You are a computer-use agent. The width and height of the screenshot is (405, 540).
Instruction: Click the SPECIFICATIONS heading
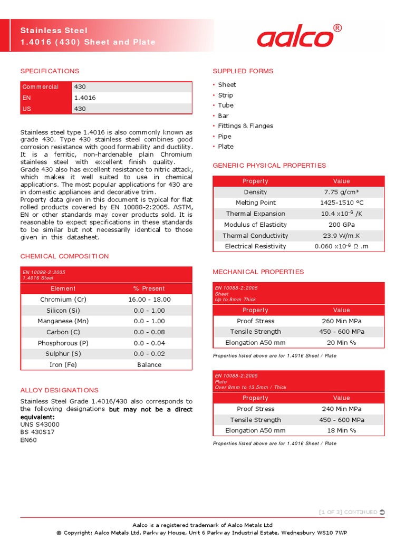[50, 71]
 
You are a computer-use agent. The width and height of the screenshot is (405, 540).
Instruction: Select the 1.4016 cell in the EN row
[85, 98]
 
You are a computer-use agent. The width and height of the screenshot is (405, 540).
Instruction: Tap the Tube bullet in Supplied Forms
[226, 105]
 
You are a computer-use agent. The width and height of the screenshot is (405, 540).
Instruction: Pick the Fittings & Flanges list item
[245, 126]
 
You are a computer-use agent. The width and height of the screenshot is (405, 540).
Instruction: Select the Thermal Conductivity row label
[255, 236]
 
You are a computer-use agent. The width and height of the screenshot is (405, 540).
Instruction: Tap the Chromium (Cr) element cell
[63, 300]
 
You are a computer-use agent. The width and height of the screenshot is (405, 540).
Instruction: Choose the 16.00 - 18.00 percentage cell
[149, 300]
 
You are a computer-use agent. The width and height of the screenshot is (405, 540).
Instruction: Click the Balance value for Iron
[149, 365]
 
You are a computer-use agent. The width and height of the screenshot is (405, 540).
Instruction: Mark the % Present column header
[149, 288]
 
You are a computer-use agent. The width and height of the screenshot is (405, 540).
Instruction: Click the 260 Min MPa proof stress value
[341, 321]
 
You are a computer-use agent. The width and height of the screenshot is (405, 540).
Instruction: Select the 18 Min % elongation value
[341, 431]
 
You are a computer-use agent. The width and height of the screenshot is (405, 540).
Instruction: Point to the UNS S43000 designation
[40, 425]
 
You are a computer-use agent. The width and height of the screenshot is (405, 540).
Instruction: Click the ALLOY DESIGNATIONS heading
[59, 390]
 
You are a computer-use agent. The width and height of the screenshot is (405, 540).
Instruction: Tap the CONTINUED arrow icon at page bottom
[382, 512]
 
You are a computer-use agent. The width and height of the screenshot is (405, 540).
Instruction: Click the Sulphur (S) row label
[63, 354]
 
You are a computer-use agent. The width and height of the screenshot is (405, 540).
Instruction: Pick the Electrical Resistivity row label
[255, 247]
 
